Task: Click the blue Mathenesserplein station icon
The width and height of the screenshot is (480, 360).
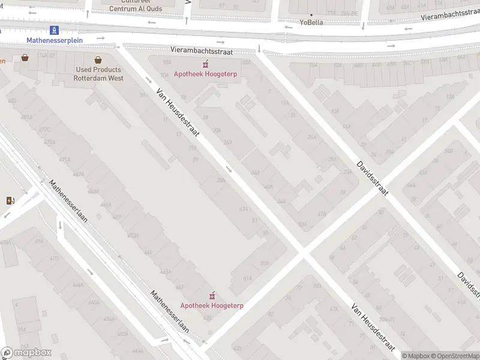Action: pos(55,29)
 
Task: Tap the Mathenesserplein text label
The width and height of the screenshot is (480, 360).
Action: pos(55,40)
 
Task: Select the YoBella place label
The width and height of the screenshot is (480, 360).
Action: pos(311,22)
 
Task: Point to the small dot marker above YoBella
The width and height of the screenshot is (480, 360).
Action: pos(311,14)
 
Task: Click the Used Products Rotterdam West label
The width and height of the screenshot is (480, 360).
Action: pos(98,74)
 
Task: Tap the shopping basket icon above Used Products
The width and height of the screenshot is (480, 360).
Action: pos(98,59)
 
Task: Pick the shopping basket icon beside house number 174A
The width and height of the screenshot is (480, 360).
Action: pos(25,58)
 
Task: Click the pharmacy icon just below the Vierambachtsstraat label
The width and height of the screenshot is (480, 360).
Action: pos(205,64)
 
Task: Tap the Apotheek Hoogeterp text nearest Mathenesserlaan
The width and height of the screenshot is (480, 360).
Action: pos(212,305)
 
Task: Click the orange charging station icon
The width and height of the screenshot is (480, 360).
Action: pos(10,200)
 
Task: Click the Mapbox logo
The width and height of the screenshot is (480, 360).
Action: pos(26,353)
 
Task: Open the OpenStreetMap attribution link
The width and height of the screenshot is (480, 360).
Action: pos(455,356)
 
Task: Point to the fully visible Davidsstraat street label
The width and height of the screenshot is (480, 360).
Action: pos(373,177)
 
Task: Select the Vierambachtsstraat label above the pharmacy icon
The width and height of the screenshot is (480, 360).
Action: pos(197,51)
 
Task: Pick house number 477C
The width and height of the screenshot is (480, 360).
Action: pos(43,130)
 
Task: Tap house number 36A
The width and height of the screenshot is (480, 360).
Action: pos(221,179)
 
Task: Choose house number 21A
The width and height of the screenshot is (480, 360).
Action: pos(313,137)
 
